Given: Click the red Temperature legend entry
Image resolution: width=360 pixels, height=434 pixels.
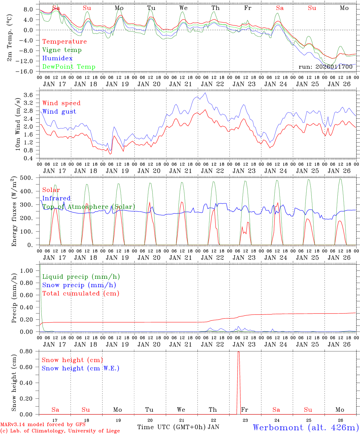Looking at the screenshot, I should pos(65,42).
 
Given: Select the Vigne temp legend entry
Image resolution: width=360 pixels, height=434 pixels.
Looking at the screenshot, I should pos(62,50).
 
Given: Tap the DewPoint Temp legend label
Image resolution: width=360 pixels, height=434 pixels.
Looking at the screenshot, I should pos(69,67).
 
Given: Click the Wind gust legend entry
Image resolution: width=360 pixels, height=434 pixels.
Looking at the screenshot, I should pos(59,112).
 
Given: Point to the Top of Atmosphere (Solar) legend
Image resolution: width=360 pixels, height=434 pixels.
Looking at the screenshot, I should pos(89,207).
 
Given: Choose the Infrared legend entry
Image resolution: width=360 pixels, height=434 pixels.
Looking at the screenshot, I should pos(56,198).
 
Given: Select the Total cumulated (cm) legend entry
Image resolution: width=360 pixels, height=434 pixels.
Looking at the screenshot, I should pos(81,293).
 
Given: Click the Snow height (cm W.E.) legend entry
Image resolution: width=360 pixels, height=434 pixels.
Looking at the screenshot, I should pos(81,368).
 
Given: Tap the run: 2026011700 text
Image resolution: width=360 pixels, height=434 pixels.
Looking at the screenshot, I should pos(326,67).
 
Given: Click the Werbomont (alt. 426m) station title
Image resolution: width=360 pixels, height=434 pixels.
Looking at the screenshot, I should pos(306,427).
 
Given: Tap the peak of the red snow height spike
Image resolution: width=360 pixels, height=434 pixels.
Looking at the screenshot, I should pos(238,352).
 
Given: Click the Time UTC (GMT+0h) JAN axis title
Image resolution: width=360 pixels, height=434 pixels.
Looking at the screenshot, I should pos(178,427).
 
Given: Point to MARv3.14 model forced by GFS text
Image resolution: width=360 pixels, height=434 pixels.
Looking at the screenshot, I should pos(43,425).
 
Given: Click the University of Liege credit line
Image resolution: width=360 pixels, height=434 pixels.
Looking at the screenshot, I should pos(60,431).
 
